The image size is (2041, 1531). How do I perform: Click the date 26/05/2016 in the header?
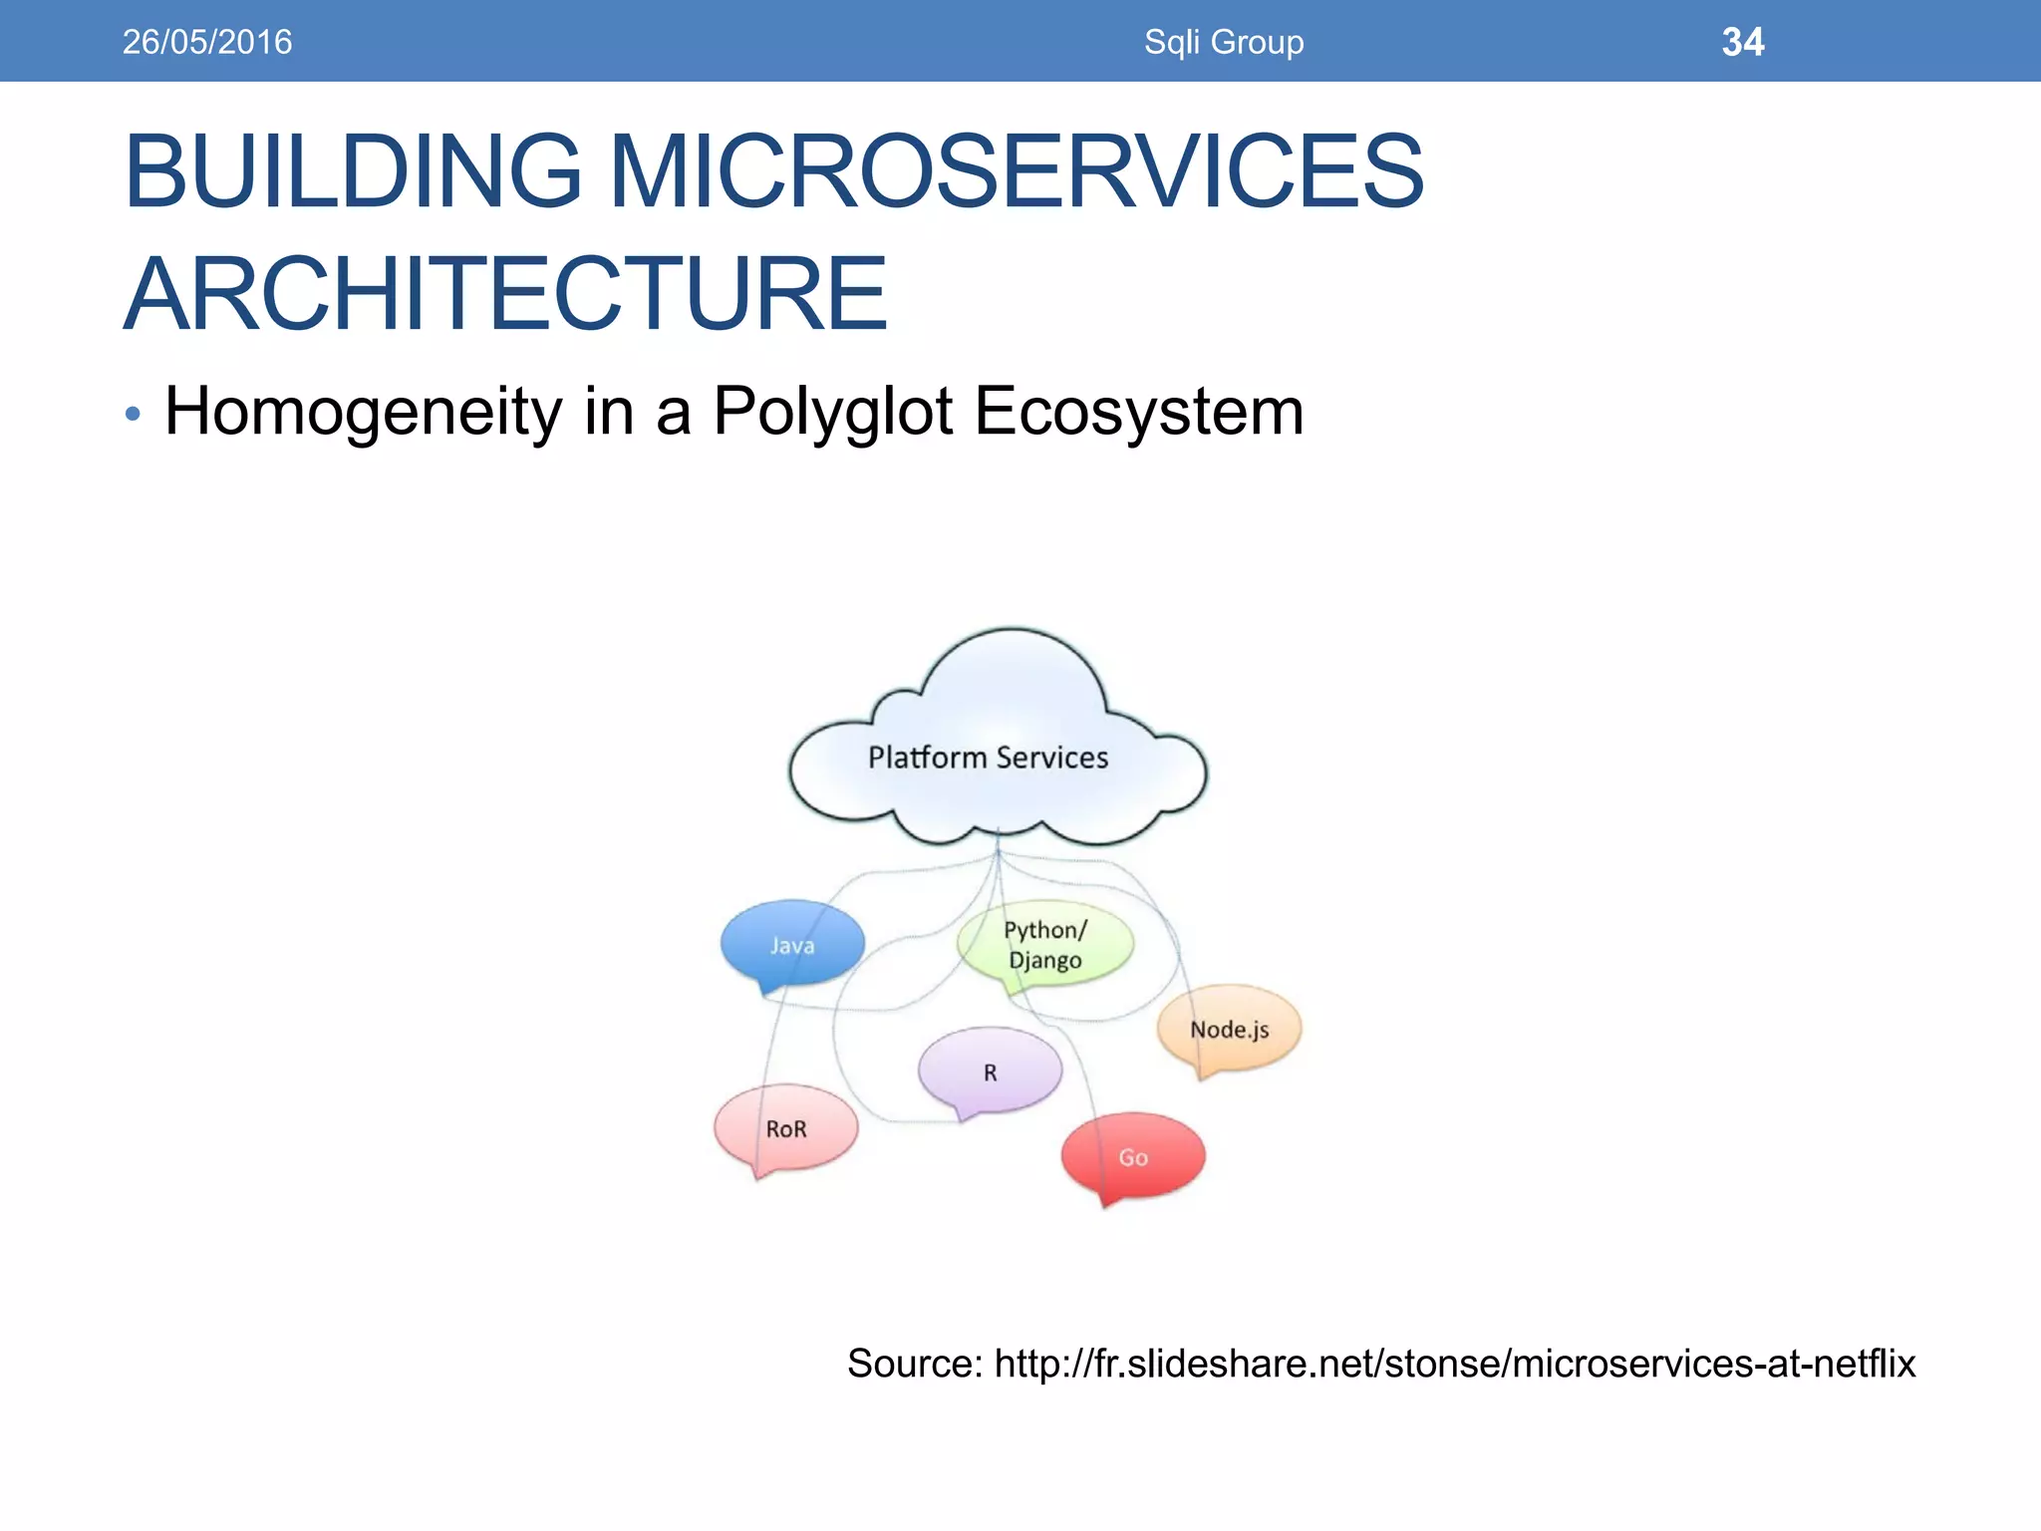[207, 42]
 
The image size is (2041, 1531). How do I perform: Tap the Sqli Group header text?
[1224, 42]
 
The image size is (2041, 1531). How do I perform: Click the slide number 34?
[1742, 42]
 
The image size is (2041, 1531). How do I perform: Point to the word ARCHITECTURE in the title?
[505, 293]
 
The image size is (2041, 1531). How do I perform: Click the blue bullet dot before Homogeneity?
[134, 414]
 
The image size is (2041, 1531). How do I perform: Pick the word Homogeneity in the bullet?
[364, 411]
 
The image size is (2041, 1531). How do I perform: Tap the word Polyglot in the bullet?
[833, 411]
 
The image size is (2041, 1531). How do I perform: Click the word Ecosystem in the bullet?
[1139, 411]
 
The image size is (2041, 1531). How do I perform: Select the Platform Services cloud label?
[988, 758]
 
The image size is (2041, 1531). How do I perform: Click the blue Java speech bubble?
[792, 944]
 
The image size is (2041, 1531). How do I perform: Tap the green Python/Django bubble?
[1044, 944]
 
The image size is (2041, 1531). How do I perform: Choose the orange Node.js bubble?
[1229, 1029]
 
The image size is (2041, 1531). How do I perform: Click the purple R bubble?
[990, 1072]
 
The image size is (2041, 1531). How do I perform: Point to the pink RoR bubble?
[786, 1128]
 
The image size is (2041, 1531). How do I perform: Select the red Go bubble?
[1133, 1156]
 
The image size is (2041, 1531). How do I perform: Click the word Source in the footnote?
[914, 1363]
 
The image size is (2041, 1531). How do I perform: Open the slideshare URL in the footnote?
[1454, 1363]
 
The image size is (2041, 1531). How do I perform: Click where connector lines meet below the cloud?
[998, 853]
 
